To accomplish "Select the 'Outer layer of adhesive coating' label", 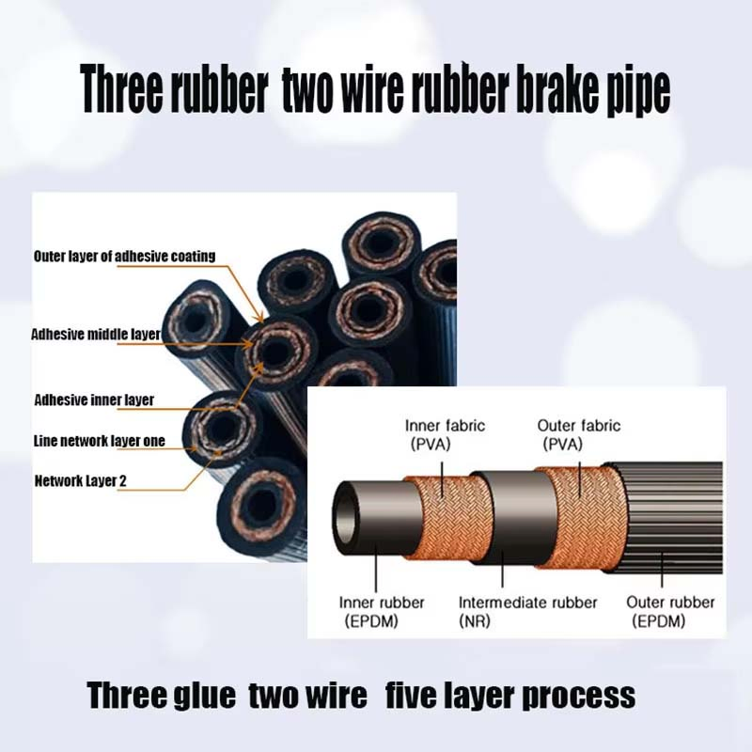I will pos(124,256).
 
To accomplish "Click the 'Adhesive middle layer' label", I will pos(96,334).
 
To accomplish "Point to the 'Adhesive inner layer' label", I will pos(94,399).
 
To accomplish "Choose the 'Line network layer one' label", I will pos(99,441).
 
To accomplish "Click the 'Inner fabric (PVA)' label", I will pos(445,434).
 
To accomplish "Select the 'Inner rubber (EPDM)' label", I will pos(382,611).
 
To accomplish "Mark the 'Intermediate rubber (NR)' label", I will pos(527,611).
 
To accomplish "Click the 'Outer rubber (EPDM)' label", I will pos(670,611).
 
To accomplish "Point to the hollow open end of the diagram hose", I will pos(352,512).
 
